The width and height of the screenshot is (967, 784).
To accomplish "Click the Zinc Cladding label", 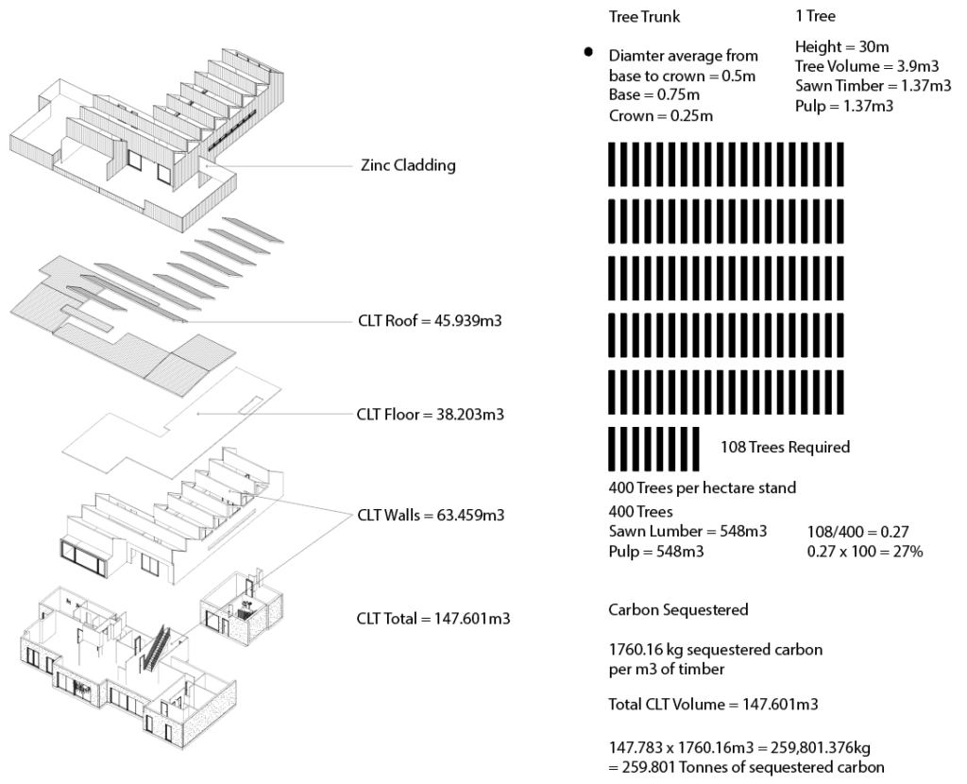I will click(x=404, y=166).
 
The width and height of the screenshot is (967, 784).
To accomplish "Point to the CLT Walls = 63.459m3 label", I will click(x=431, y=516).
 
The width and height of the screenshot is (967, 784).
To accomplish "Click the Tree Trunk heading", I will click(x=644, y=17).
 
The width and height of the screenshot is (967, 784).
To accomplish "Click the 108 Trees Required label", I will click(x=785, y=447).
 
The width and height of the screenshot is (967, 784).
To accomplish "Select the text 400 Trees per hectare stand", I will click(x=702, y=488).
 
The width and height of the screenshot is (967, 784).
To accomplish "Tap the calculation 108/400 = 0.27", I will click(x=861, y=532).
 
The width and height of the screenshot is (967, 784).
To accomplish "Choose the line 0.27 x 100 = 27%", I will click(x=865, y=551).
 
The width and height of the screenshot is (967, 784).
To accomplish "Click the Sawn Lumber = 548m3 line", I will click(x=687, y=532).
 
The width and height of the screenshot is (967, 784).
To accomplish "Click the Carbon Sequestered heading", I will click(x=678, y=610).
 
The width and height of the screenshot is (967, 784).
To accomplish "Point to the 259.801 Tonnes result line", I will click(x=746, y=767).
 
